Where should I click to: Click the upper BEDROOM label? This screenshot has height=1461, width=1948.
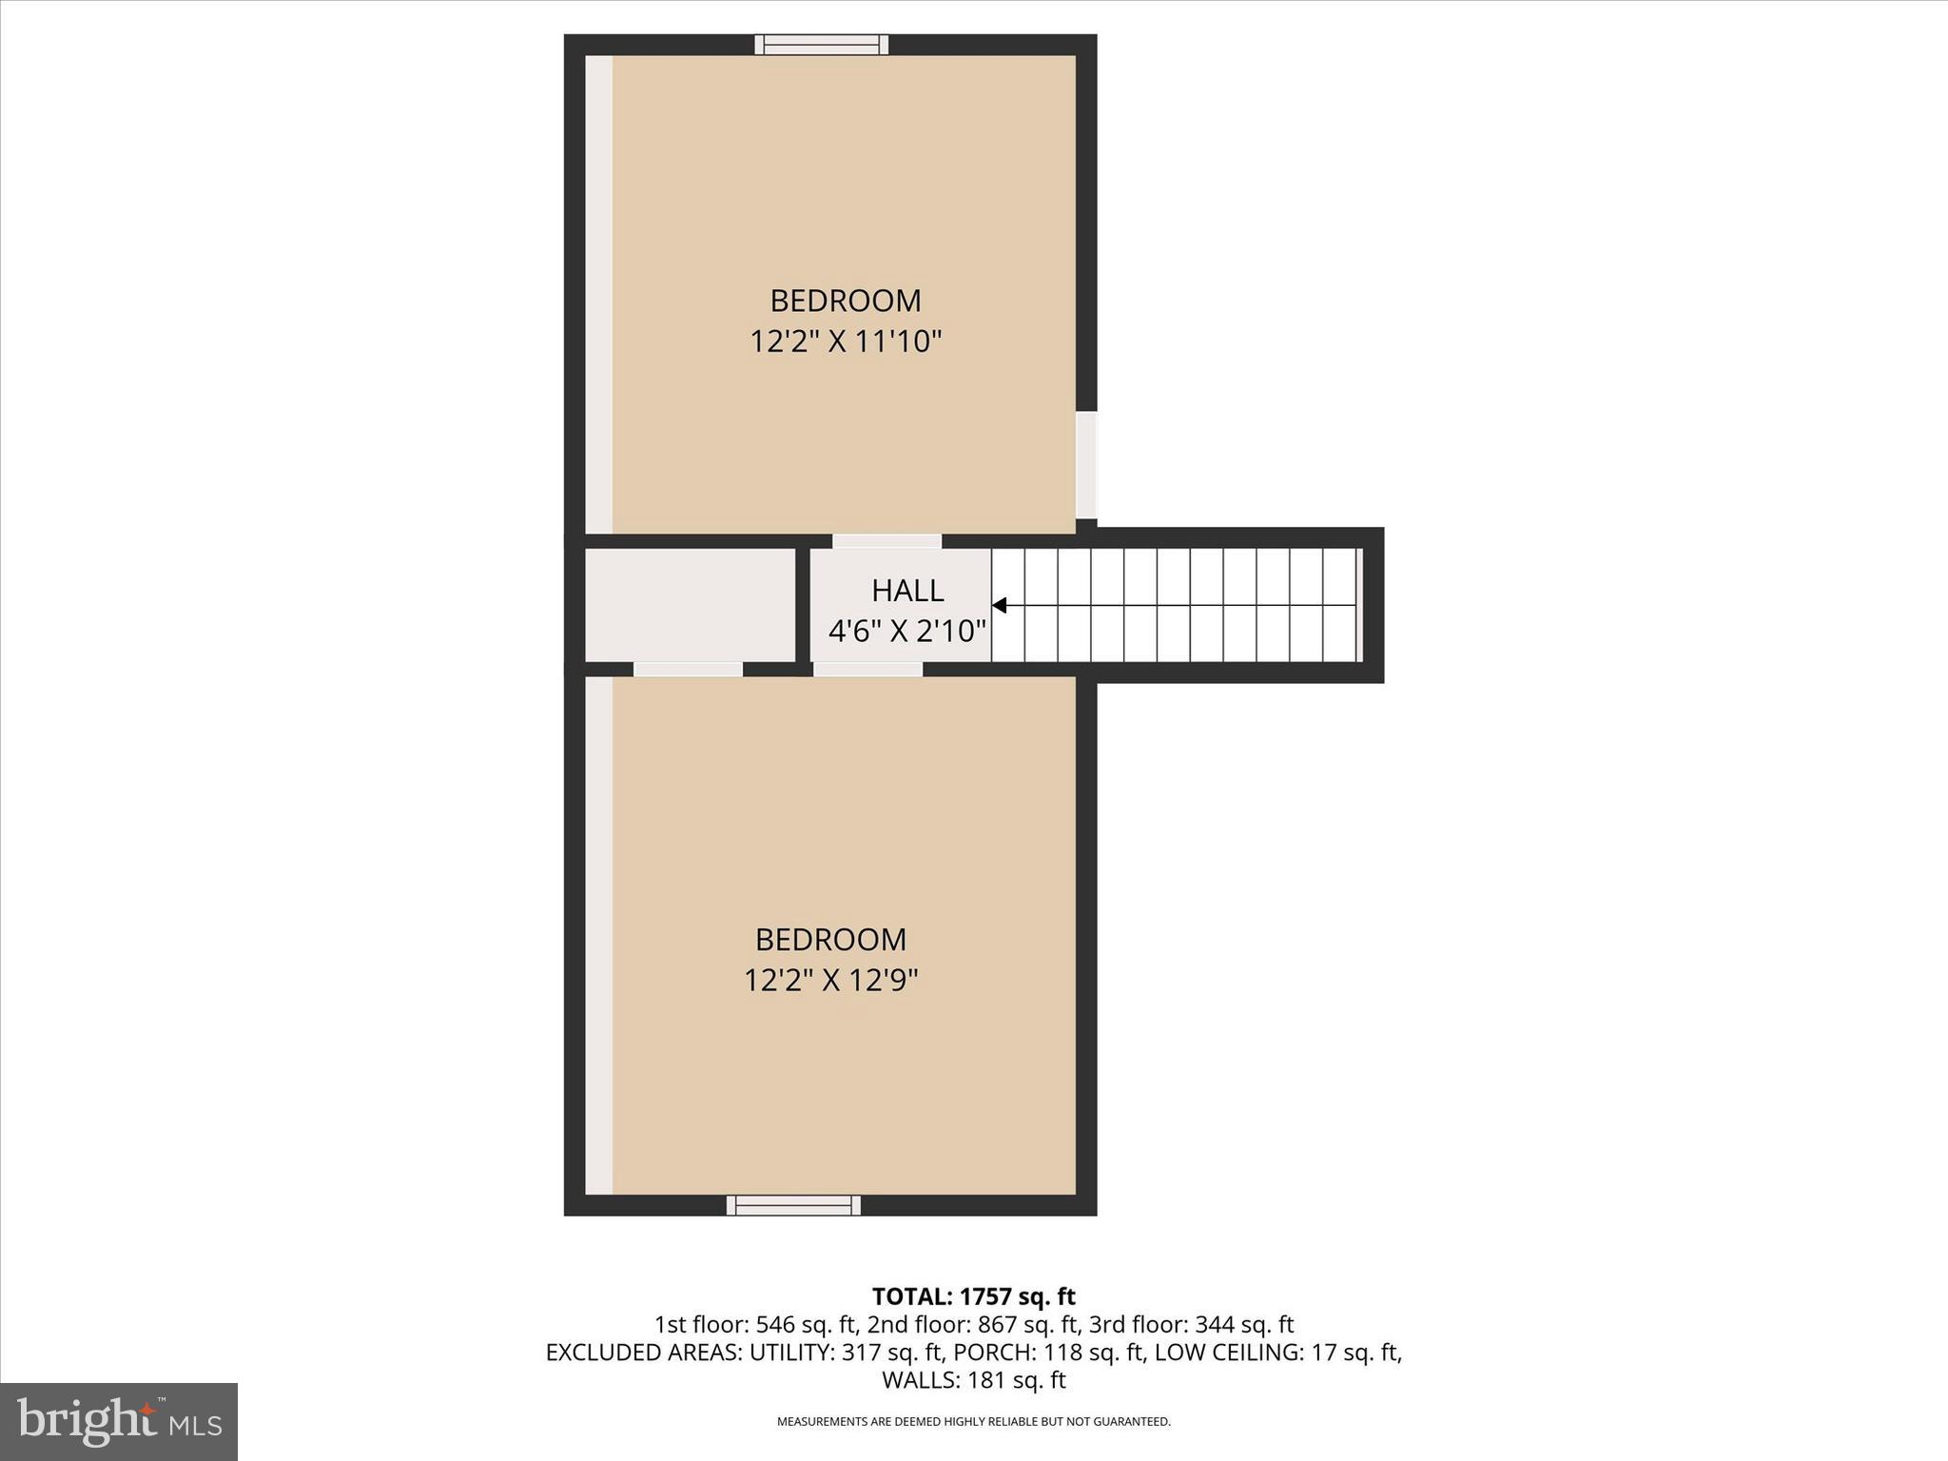point(845,301)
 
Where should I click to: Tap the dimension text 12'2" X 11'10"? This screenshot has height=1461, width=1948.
point(845,341)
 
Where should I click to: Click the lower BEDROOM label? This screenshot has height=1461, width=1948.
point(830,940)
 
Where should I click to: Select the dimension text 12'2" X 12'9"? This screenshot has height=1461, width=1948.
point(830,980)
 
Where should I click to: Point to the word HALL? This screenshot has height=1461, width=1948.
point(907,591)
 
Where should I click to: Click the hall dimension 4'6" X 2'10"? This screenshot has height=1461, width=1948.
point(906,631)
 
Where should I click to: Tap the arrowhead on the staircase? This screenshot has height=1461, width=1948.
point(1000,605)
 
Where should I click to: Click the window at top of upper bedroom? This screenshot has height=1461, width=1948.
point(822,45)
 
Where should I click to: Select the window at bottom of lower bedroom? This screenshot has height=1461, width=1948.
point(793,1205)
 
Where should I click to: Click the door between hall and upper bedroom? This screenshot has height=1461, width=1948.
point(886,541)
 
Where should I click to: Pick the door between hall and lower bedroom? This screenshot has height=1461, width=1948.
point(867,670)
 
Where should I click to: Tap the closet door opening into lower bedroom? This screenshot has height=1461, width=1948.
point(688,670)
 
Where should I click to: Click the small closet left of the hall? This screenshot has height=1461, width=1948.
point(690,605)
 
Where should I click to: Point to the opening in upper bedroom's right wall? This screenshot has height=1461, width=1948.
point(1086,464)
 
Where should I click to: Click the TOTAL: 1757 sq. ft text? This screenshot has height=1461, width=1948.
point(973,1296)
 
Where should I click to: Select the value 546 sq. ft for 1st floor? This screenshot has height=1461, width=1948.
point(808,1324)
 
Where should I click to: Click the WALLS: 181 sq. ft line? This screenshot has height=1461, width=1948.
point(973,1379)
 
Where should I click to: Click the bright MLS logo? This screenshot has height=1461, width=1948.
point(119,1421)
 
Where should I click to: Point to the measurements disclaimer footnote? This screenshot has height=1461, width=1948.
point(973,1421)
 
